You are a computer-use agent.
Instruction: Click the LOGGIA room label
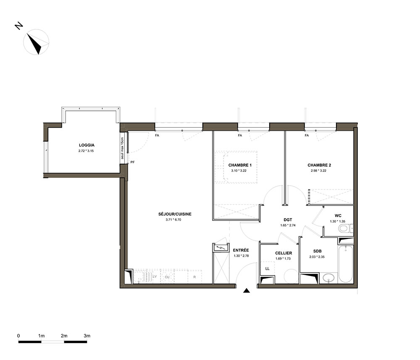pos(87,145)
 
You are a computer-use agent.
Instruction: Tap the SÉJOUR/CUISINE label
pos(175,214)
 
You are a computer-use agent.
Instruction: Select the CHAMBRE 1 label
pos(240,165)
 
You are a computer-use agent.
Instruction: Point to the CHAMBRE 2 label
pos(319,165)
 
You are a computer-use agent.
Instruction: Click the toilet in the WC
pos(345,229)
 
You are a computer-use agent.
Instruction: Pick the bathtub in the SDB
pos(345,263)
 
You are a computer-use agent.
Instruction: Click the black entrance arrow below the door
pos(247,291)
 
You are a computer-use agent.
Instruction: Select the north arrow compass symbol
pos(36,42)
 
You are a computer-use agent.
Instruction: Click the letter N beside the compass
pos(19,26)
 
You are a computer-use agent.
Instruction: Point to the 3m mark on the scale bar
pos(87,336)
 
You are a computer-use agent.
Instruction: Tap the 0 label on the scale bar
pos(18,336)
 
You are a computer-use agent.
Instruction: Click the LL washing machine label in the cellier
pos(267,269)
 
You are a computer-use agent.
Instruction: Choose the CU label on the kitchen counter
pos(167,277)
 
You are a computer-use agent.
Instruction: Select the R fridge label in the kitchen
pos(194,277)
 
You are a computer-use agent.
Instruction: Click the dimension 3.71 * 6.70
pos(173,220)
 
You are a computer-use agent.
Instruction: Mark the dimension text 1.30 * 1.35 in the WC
pos(338,221)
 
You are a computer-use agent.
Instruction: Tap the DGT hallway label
pos(288,220)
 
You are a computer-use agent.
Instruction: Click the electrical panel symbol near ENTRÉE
pos(221,248)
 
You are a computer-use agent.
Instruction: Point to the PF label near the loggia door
pos(133,162)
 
